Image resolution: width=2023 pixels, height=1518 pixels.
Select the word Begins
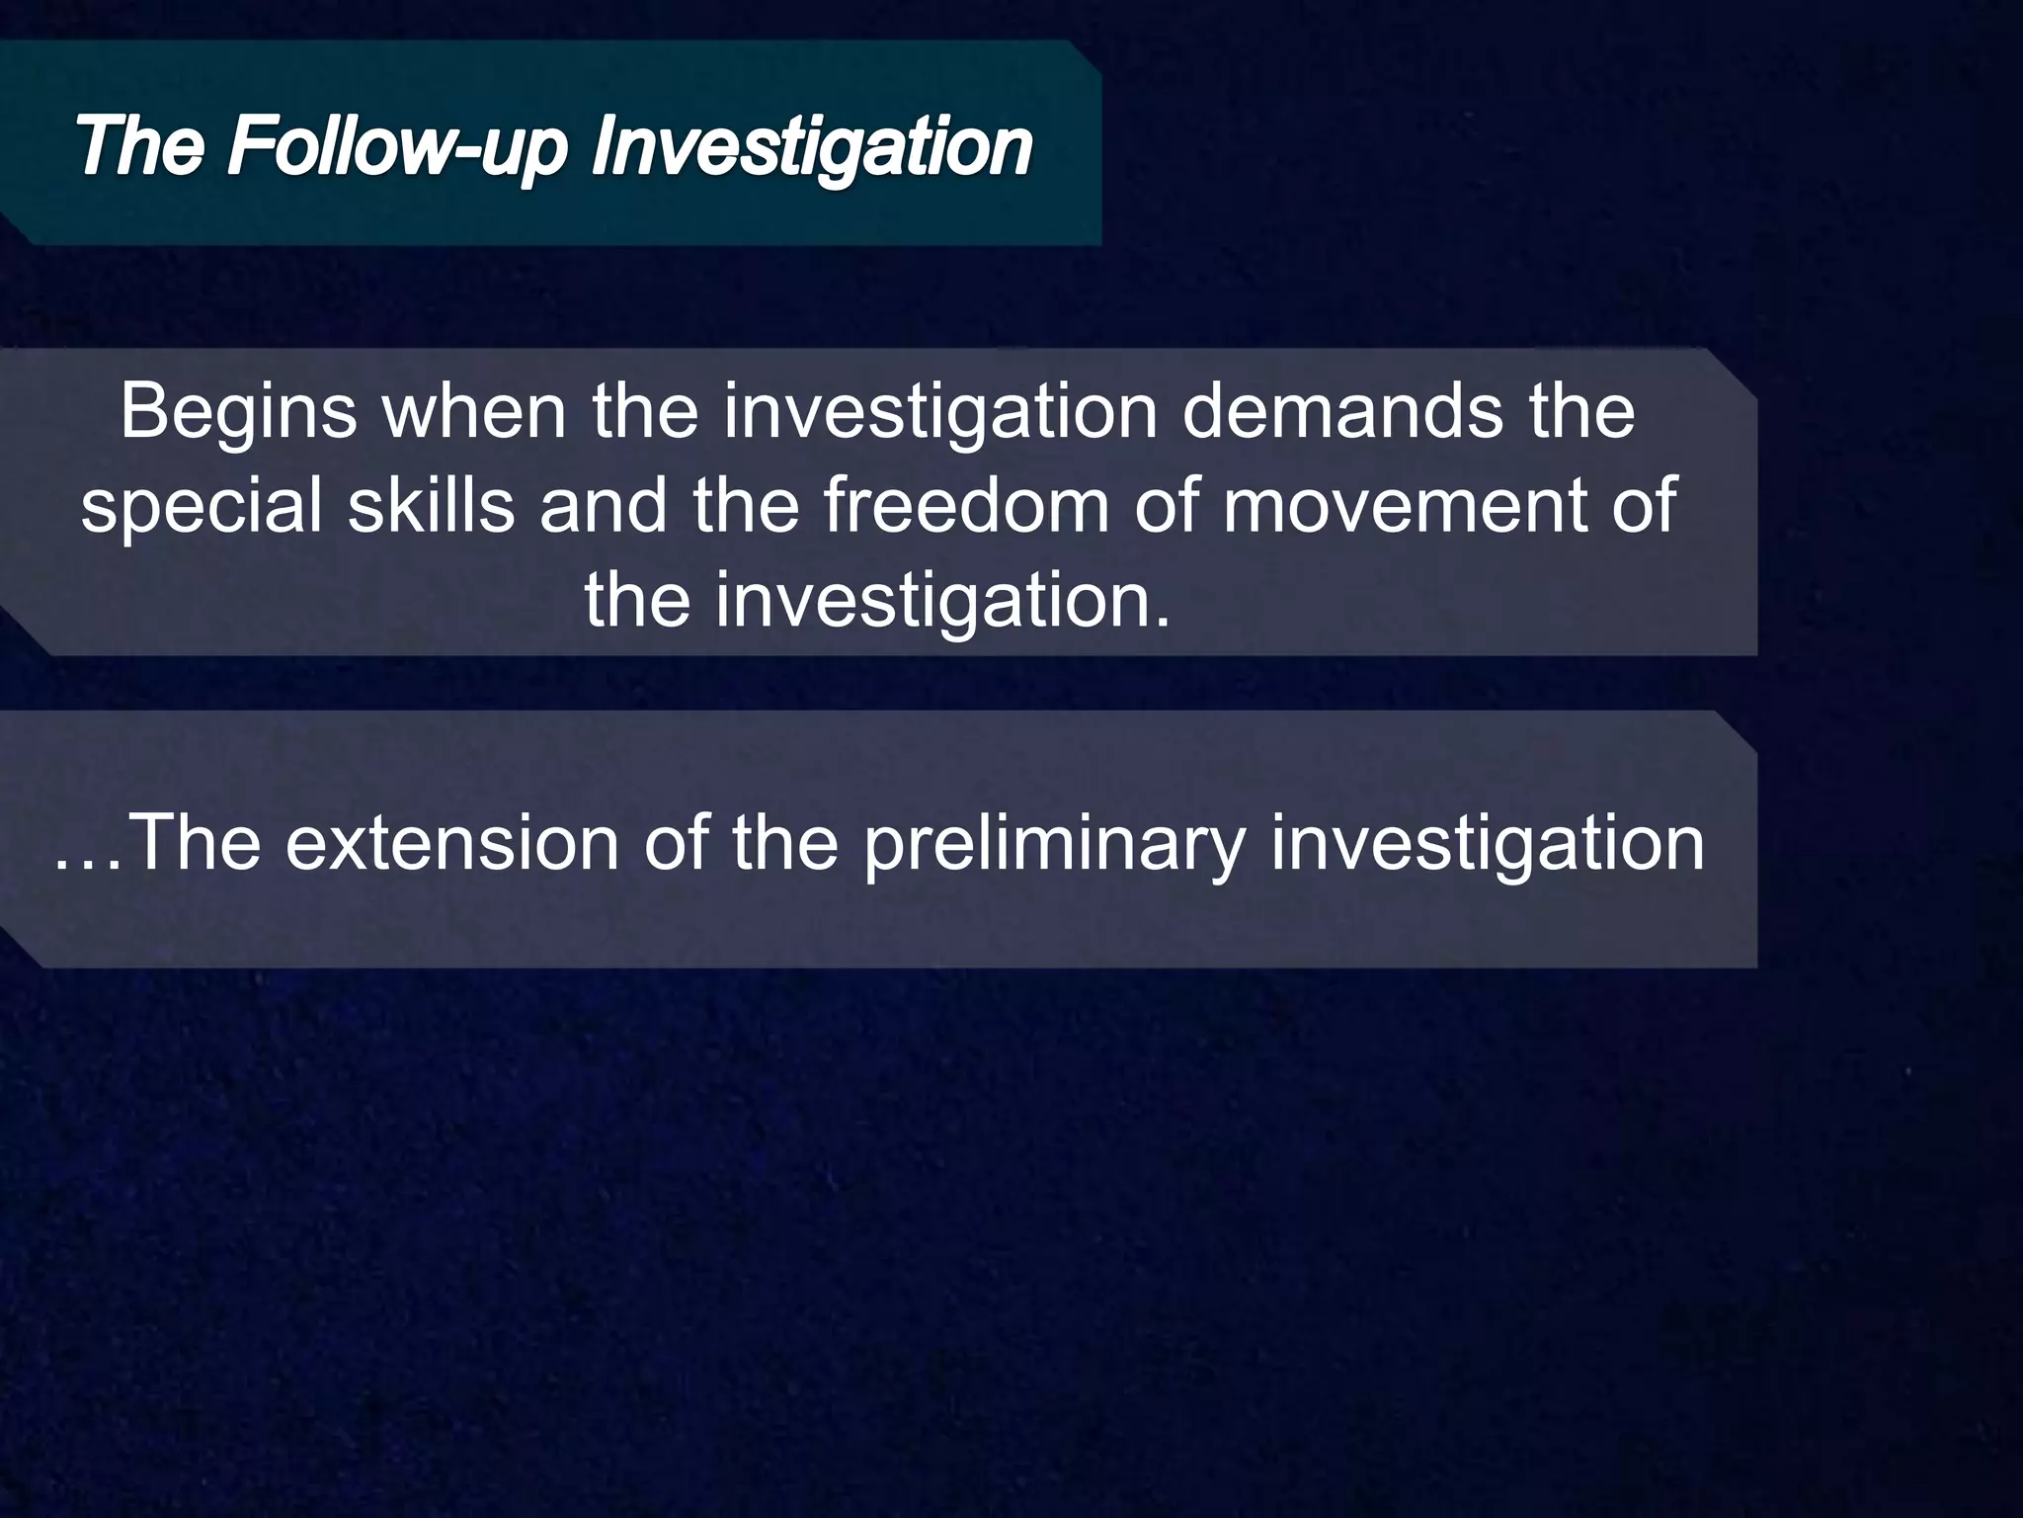pyautogui.click(x=238, y=413)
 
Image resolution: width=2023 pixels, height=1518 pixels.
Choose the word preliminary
pyautogui.click(x=1053, y=846)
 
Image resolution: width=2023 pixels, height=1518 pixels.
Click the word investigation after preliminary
pyautogui.click(x=1487, y=846)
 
